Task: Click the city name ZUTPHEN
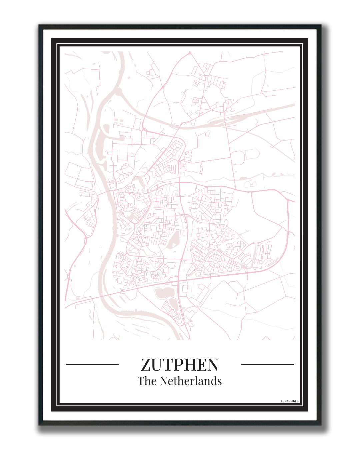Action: (180, 365)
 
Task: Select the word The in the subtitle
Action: (147, 381)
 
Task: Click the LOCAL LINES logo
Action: (290, 401)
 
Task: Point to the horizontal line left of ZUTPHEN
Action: (92, 364)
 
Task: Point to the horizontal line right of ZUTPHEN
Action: (267, 364)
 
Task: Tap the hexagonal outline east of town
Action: (253, 154)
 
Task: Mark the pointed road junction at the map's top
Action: (190, 53)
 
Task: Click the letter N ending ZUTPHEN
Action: (212, 365)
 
